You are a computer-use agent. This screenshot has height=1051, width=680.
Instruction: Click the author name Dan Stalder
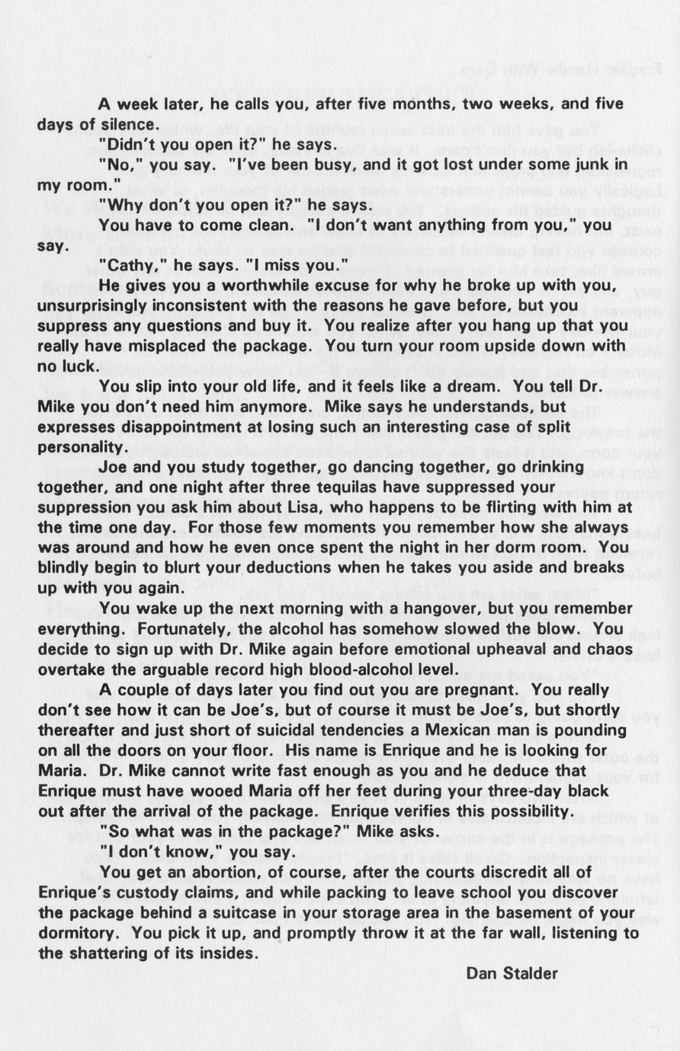point(512,973)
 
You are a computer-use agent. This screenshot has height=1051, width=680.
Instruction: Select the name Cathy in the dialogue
point(129,265)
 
